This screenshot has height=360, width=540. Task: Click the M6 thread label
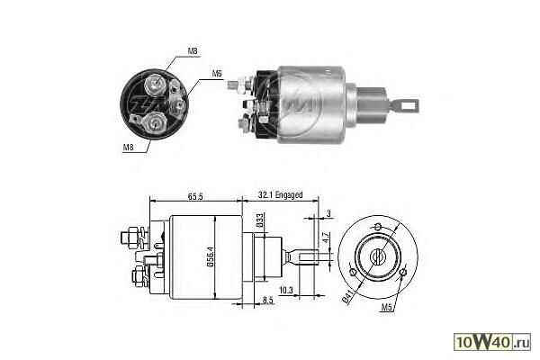coord(217,74)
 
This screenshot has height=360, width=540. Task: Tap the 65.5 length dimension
coord(195,196)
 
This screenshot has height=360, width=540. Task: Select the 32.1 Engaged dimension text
coord(280,195)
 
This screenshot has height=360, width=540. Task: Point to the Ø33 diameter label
coord(260,220)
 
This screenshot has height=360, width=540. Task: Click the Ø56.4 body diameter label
coord(211,256)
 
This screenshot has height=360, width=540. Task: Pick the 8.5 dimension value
coord(268,300)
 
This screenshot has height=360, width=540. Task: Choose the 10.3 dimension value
coord(286,291)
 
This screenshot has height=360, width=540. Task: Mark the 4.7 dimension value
coord(326,238)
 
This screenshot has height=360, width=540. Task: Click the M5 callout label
coord(386,308)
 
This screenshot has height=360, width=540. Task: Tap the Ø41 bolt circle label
coord(348,296)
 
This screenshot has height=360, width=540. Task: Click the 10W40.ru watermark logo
coord(492,342)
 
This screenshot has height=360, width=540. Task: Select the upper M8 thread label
coord(193,51)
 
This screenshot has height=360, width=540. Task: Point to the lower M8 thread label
coord(128,147)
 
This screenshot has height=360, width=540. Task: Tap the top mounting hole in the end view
coord(378,227)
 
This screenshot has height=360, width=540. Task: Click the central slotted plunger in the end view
coord(378,256)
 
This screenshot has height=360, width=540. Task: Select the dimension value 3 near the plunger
coord(328,213)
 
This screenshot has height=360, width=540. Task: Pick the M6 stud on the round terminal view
coord(178,105)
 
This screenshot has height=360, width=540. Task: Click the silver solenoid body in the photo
coord(311,104)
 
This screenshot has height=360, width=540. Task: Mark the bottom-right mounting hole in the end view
coord(403,273)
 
